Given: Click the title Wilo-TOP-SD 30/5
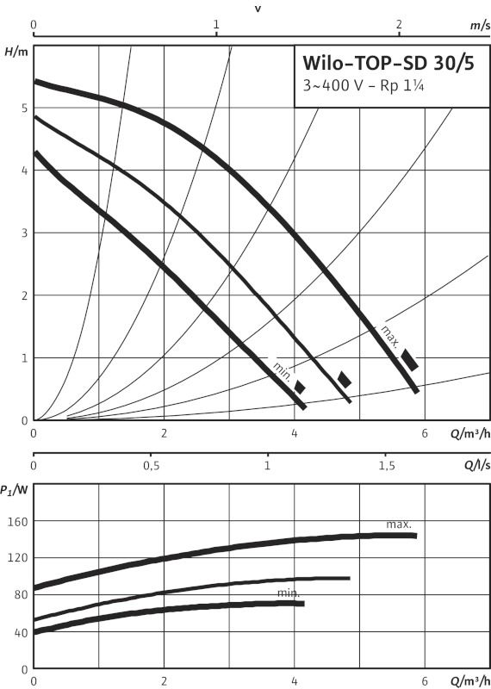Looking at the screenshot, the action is pyautogui.click(x=388, y=63).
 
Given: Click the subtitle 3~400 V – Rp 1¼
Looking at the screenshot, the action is pyautogui.click(x=364, y=85).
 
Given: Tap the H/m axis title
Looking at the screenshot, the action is pyautogui.click(x=16, y=52).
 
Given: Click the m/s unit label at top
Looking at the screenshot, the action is pyautogui.click(x=480, y=26).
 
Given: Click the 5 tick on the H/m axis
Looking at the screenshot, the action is pyautogui.click(x=25, y=109).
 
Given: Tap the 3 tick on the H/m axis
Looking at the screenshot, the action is pyautogui.click(x=25, y=233).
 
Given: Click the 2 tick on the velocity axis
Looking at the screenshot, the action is pyautogui.click(x=399, y=25).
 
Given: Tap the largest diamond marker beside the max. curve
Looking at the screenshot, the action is pyautogui.click(x=409, y=360).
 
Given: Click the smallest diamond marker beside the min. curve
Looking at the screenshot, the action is pyautogui.click(x=300, y=387).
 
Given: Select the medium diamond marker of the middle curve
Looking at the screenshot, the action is pyautogui.click(x=345, y=380).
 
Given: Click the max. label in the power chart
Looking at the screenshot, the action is pyautogui.click(x=399, y=525).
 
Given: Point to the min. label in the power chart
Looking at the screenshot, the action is pyautogui.click(x=289, y=593).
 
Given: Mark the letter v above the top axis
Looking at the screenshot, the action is pyautogui.click(x=258, y=9).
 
